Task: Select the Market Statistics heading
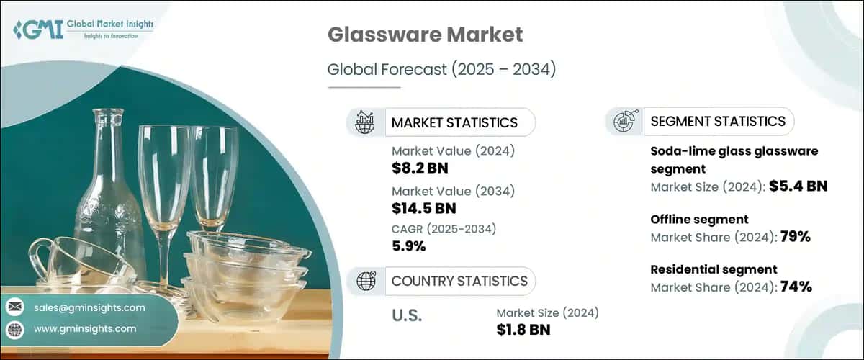click(454, 122)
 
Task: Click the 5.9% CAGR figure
click(409, 247)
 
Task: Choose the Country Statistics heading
click(458, 281)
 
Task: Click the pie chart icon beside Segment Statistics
click(621, 121)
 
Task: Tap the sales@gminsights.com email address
click(89, 307)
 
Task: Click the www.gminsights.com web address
click(85, 328)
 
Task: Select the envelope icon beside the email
click(14, 307)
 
